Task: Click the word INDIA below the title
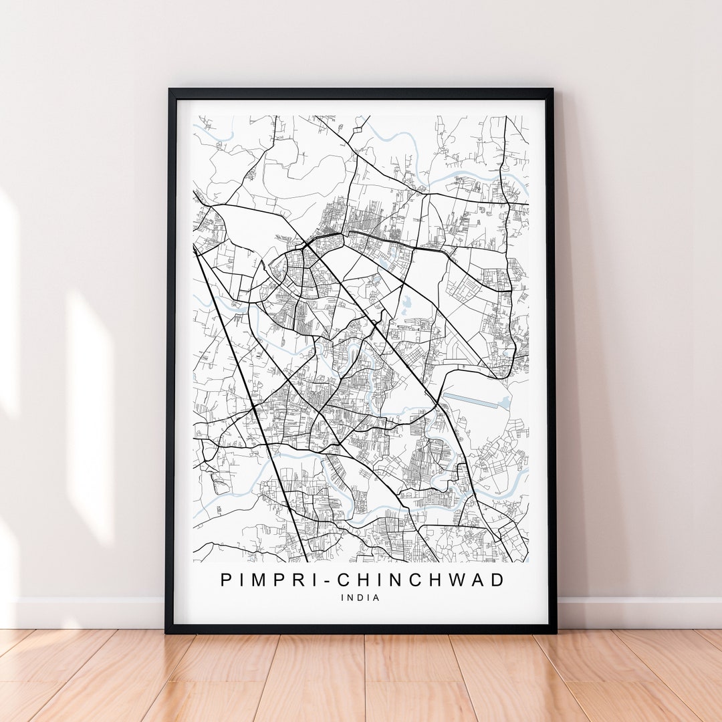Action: point(360,598)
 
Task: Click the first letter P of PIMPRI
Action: point(227,580)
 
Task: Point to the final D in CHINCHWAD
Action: point(498,580)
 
